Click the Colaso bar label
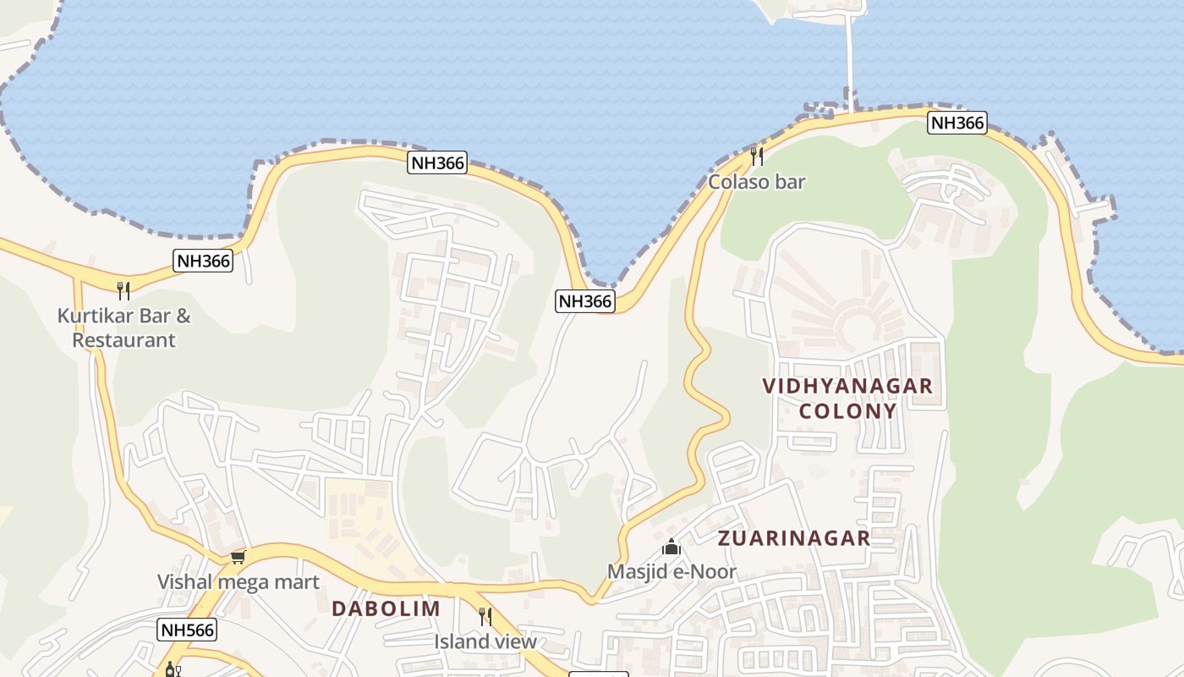click(756, 182)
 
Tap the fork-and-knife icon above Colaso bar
click(757, 156)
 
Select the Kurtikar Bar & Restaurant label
click(123, 328)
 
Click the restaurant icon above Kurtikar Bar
click(123, 291)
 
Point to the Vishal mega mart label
click(238, 582)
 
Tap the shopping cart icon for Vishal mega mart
click(238, 557)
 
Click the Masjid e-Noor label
click(671, 572)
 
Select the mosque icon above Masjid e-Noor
click(671, 547)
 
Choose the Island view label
click(485, 641)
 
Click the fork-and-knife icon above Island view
click(485, 616)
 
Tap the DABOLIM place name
click(386, 608)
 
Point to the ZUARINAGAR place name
click(793, 538)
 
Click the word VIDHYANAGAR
click(847, 386)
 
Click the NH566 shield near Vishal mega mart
click(187, 630)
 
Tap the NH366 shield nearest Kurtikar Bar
click(203, 261)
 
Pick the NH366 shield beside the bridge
click(957, 123)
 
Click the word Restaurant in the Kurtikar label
click(123, 340)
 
